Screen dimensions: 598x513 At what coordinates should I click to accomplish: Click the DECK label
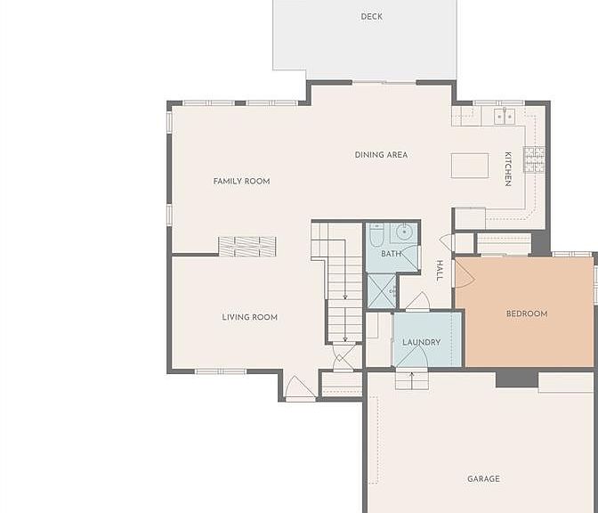(x=371, y=16)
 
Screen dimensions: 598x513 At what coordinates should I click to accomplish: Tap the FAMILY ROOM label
(x=241, y=182)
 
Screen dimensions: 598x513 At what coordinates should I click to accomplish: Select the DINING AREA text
(x=381, y=155)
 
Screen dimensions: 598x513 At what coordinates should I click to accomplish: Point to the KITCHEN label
(x=508, y=169)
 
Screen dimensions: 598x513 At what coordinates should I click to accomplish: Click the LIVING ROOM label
(x=250, y=317)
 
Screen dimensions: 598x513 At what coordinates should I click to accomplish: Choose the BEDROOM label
(x=527, y=313)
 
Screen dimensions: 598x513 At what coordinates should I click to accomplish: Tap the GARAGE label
(x=483, y=478)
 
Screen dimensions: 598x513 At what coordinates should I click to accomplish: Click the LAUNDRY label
(x=422, y=342)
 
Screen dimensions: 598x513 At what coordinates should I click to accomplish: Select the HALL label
(x=440, y=271)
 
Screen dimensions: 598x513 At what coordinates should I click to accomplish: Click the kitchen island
(x=470, y=166)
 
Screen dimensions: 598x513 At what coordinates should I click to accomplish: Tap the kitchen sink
(x=505, y=116)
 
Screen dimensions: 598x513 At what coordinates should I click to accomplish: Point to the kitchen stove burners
(x=534, y=159)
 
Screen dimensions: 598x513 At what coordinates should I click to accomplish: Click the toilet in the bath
(x=376, y=235)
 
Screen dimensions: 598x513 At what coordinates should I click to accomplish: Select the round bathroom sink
(x=403, y=232)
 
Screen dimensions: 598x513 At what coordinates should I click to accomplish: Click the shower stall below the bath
(x=382, y=291)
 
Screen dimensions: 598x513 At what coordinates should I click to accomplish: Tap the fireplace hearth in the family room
(x=247, y=247)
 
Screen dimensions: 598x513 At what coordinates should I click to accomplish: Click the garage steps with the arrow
(x=411, y=380)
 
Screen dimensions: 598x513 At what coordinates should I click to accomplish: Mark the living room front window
(x=221, y=371)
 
